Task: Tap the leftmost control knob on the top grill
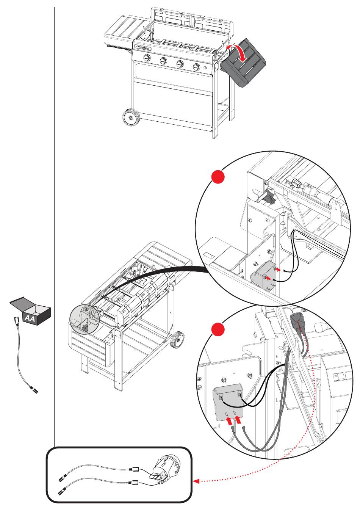pyautogui.click(x=147, y=58)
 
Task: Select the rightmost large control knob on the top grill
pyautogui.click(x=196, y=67)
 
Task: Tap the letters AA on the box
pyautogui.click(x=30, y=319)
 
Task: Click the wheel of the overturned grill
pyautogui.click(x=177, y=339)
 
